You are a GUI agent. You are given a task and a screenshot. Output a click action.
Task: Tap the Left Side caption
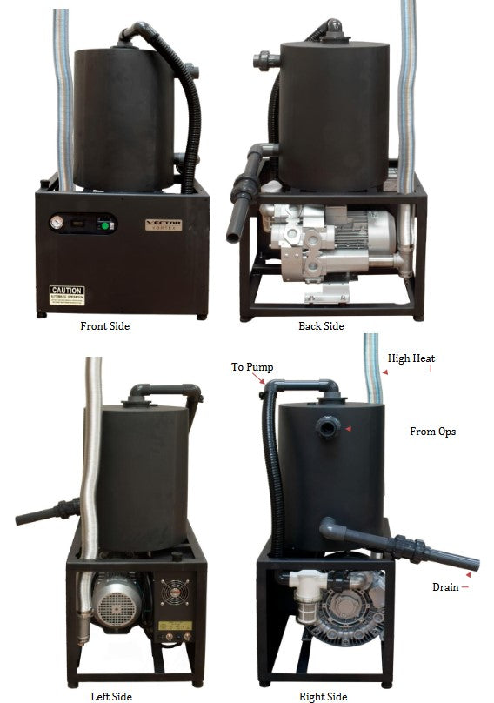click(112, 696)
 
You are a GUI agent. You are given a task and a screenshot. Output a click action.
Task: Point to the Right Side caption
click(324, 696)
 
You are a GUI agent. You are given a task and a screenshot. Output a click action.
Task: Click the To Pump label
click(252, 367)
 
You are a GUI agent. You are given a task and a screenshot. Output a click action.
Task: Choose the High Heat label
click(411, 358)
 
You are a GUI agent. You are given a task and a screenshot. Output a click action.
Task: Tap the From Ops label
click(432, 432)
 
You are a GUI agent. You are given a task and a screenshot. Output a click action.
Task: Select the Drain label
click(444, 587)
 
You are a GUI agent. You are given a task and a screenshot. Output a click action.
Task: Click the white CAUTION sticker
click(67, 294)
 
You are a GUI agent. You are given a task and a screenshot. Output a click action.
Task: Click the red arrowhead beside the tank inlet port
click(348, 429)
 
